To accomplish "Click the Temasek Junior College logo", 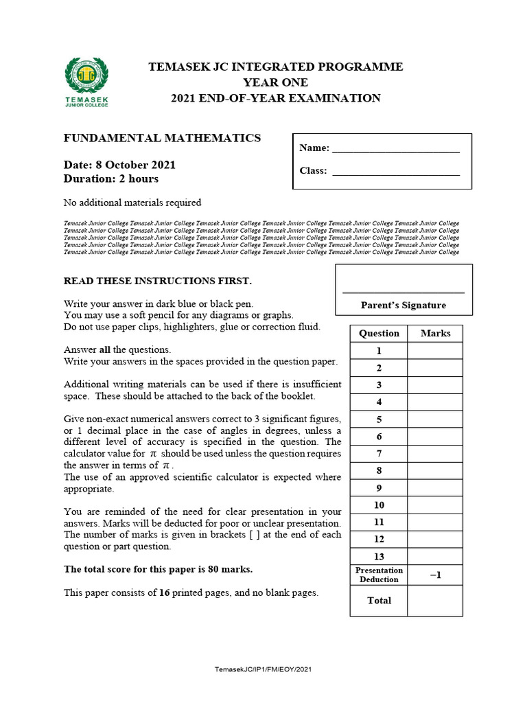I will (x=86, y=82).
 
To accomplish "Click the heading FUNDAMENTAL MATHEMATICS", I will (x=162, y=138).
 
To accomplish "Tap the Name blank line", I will (x=396, y=149).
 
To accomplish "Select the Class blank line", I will (x=396, y=172).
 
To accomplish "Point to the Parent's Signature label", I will (x=403, y=306).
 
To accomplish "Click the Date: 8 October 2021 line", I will (x=119, y=165).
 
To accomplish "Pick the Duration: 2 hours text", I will (x=111, y=178).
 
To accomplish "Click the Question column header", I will (x=379, y=333).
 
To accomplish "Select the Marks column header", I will (x=435, y=333).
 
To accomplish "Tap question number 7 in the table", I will (x=379, y=454).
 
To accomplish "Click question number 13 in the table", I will (x=379, y=557).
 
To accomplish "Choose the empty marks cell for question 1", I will (x=435, y=351).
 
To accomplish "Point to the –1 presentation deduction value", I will (x=435, y=575).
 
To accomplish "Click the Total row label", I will (x=379, y=601).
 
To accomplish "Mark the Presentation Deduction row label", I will (x=379, y=575).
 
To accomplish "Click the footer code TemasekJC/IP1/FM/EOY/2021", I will (x=264, y=669).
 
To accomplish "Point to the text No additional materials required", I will (x=132, y=203).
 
